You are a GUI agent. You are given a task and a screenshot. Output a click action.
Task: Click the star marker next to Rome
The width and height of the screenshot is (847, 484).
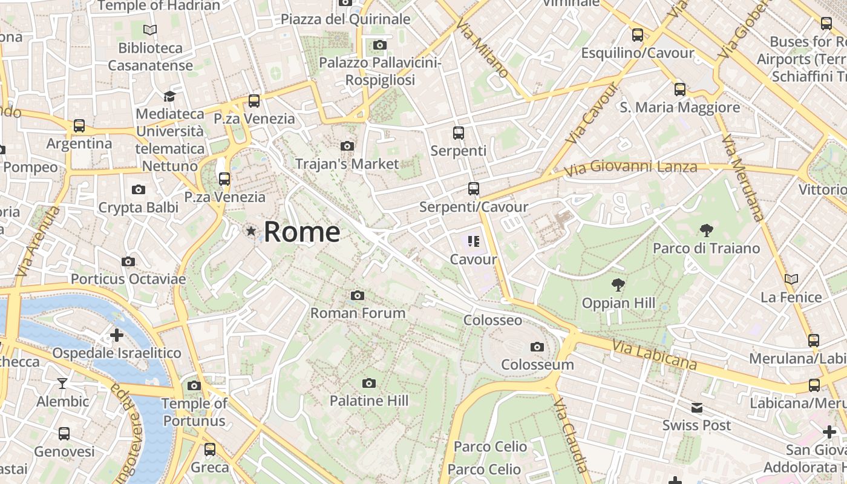(x=250, y=231)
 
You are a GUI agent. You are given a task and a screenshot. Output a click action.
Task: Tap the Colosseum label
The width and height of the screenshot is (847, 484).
(x=537, y=365)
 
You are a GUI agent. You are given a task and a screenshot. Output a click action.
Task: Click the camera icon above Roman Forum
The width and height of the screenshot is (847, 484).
(x=358, y=295)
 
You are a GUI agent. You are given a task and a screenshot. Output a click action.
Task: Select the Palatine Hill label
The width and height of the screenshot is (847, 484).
(x=368, y=401)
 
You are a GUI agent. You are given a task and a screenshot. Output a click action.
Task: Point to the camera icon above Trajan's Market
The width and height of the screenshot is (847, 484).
(x=347, y=146)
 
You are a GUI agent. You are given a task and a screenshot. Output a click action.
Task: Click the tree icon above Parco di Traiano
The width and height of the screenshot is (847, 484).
(x=706, y=230)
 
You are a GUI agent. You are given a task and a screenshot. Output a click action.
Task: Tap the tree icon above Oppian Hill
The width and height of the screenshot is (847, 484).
(x=618, y=284)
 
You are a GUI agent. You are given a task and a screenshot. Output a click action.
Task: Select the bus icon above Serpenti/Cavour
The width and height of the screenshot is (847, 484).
(x=474, y=189)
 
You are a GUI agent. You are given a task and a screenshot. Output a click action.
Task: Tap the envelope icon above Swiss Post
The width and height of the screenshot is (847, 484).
(x=697, y=408)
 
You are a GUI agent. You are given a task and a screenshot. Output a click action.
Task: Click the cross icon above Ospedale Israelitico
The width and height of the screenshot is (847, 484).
(x=116, y=335)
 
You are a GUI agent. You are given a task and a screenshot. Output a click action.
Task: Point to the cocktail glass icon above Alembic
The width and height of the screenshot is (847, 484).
(x=62, y=383)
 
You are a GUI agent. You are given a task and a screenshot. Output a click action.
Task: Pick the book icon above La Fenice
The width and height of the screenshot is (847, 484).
(x=791, y=279)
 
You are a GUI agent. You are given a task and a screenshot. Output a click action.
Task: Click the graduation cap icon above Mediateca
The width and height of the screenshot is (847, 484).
(x=169, y=96)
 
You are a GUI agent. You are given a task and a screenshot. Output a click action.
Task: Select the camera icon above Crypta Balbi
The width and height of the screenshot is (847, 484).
(x=138, y=190)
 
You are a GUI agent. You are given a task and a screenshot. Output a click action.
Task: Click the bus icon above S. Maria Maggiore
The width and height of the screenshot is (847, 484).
(x=680, y=90)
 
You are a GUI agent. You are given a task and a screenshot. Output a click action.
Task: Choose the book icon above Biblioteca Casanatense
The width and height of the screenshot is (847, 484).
(x=150, y=30)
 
